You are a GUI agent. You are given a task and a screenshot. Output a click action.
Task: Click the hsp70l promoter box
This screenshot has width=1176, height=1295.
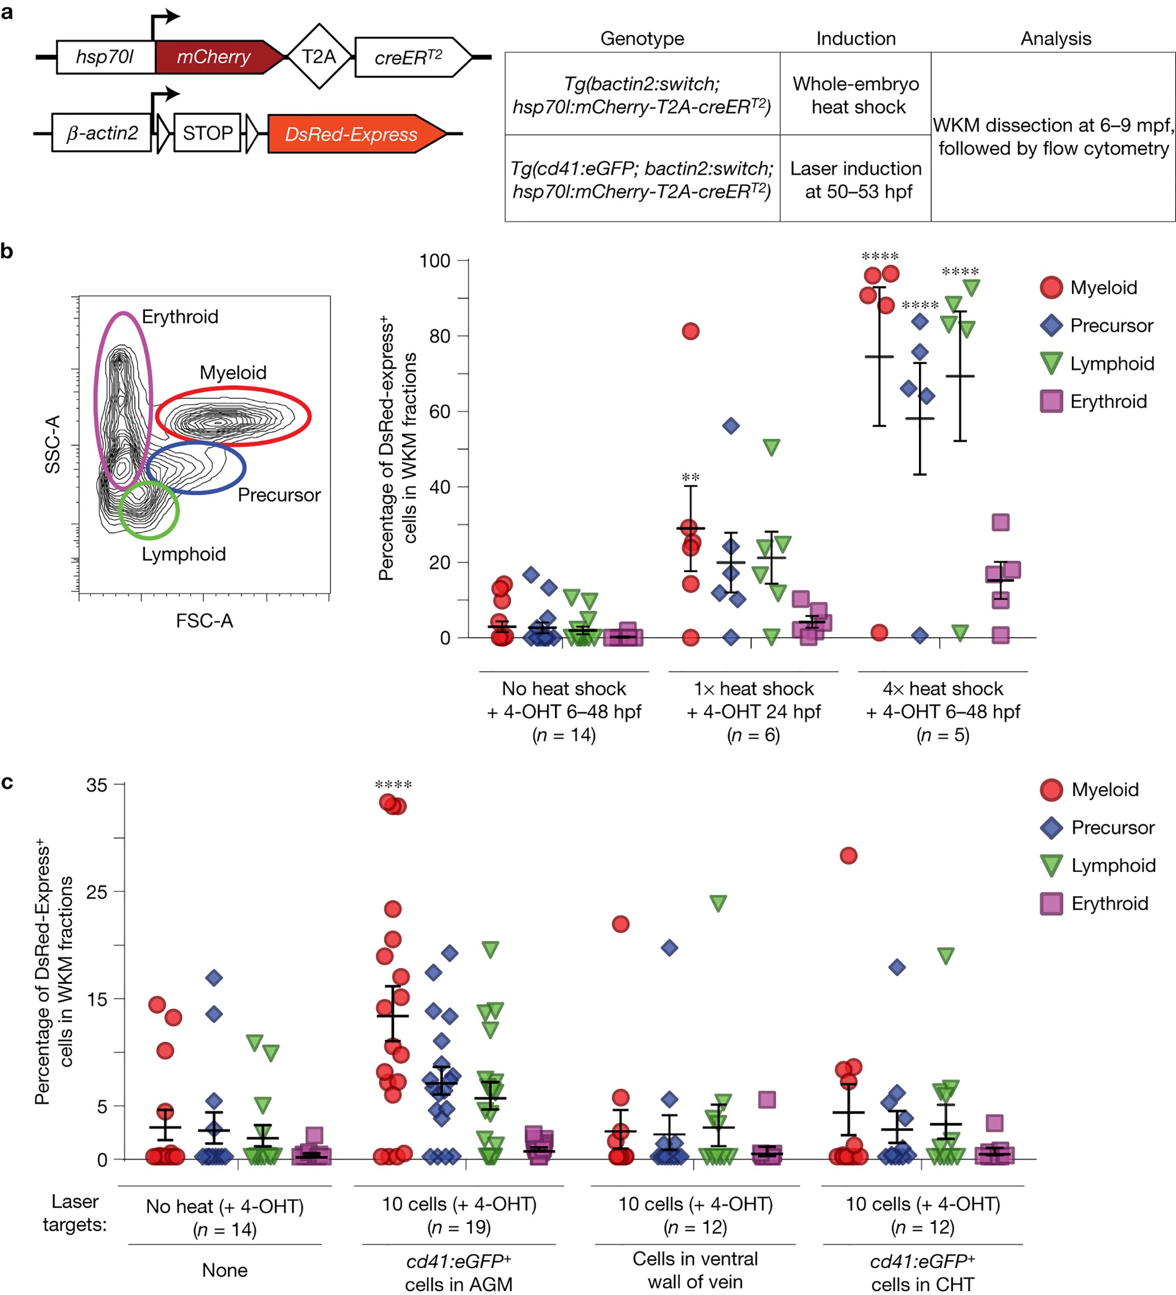[x=105, y=57]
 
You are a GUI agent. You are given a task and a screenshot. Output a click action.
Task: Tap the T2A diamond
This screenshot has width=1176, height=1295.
[x=319, y=57]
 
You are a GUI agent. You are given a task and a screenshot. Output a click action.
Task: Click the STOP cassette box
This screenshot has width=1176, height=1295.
[x=207, y=133]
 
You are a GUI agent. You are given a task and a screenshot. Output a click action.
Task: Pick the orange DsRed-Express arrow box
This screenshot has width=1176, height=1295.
[x=352, y=134]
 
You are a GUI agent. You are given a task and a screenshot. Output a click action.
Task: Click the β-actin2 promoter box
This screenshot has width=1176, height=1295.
[x=101, y=133]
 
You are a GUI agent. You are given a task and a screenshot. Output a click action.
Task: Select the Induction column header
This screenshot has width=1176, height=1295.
[x=855, y=39]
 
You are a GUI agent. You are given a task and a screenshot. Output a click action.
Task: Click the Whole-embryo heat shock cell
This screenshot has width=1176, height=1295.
[x=855, y=95]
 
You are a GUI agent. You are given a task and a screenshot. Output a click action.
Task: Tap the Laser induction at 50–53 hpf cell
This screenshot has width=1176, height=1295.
[x=855, y=180]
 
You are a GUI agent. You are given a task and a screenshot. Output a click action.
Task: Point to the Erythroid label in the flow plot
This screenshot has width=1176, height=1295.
[x=180, y=317]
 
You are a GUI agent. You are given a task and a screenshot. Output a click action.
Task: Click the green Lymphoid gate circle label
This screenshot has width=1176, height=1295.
[x=184, y=554]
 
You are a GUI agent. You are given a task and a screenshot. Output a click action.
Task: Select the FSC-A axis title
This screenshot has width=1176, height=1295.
[x=204, y=620]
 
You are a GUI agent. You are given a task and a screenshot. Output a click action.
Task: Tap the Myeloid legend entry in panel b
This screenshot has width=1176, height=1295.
[x=1103, y=287]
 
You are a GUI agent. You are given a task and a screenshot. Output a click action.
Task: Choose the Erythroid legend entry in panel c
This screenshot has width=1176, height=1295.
[x=1109, y=903]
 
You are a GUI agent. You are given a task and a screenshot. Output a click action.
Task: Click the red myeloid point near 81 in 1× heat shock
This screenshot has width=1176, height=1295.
[x=690, y=331]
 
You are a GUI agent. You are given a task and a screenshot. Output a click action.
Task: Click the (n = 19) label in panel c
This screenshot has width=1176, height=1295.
[x=459, y=1227]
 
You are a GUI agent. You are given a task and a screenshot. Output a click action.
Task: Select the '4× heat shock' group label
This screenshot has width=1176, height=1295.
[x=942, y=689]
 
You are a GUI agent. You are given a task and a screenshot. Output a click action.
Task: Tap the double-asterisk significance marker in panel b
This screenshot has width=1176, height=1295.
[x=690, y=477]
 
